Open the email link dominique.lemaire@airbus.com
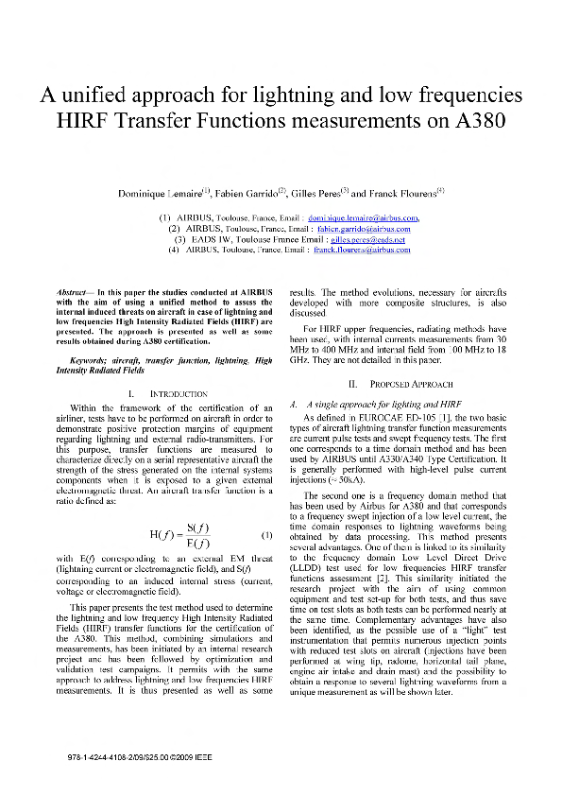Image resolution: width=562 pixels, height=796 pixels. [x=369, y=218]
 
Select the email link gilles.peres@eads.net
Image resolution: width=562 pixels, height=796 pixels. [x=361, y=239]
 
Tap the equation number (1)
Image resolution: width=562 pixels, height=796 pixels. [x=266, y=537]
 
